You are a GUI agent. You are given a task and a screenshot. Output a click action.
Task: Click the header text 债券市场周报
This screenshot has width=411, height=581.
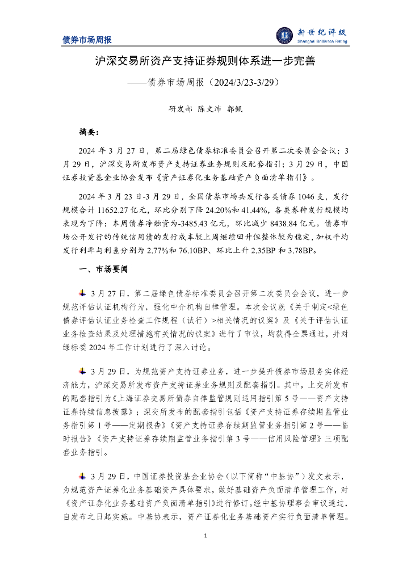point(87,40)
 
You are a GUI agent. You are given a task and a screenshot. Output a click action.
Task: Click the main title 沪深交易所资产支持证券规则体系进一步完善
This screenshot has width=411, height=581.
point(205,61)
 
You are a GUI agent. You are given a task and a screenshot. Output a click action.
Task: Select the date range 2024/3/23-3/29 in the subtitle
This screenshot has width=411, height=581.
point(244,82)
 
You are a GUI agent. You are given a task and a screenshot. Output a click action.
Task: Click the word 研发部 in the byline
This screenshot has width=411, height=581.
point(181,110)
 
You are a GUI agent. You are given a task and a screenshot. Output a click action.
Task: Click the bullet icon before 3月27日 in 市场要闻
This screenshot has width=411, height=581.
point(82,293)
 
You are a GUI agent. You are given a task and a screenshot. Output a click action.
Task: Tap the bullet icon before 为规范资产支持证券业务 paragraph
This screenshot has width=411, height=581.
point(82,371)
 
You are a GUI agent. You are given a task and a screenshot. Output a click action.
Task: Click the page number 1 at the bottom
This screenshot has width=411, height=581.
point(205,536)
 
